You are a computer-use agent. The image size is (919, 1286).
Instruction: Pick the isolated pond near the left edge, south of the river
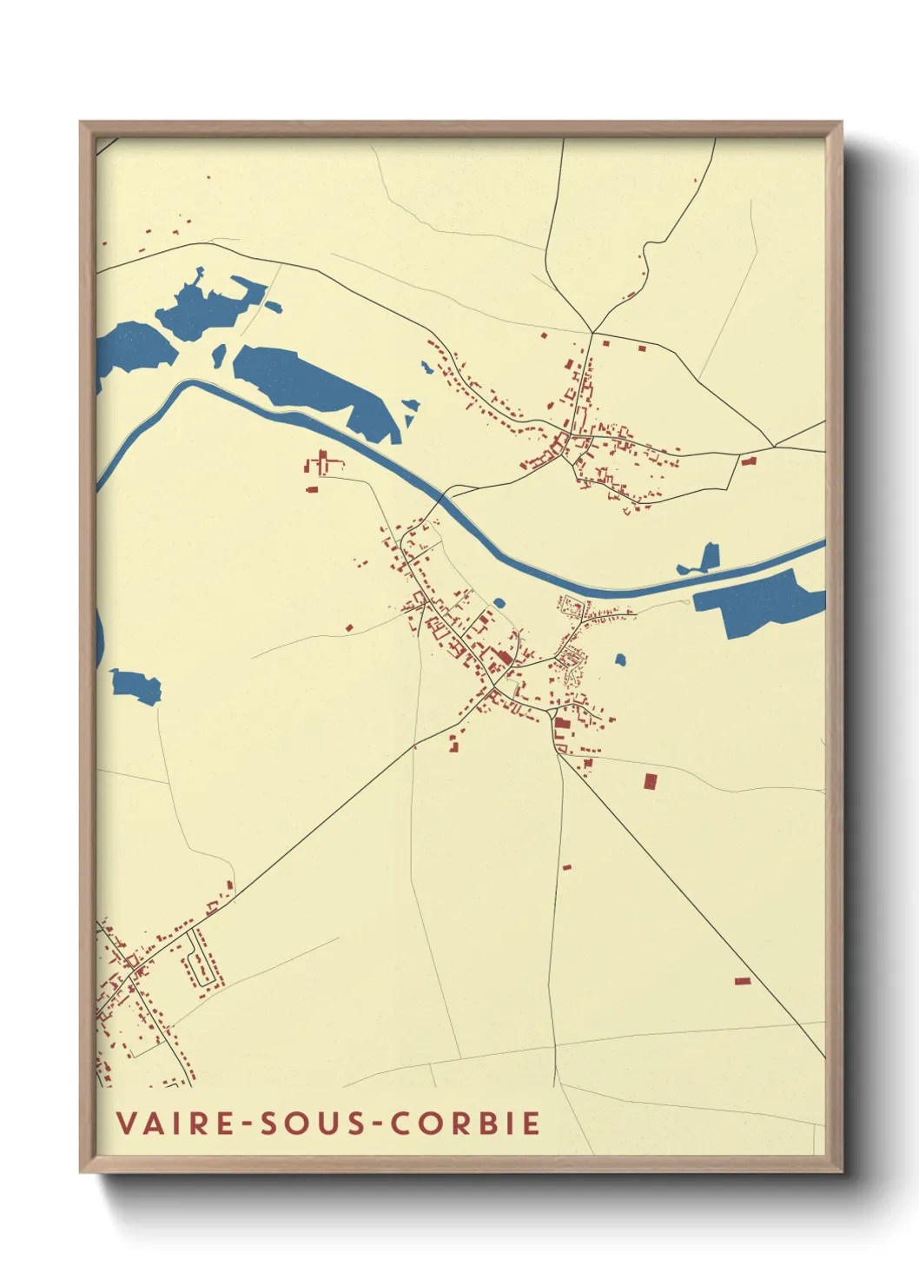(x=136, y=685)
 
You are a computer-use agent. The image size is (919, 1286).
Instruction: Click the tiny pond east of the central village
(x=620, y=660)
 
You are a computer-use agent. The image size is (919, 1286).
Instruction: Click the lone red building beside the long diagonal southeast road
(x=742, y=981)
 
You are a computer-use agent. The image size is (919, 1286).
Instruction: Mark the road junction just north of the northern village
(x=592, y=332)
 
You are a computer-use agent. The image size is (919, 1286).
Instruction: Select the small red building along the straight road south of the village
(x=567, y=866)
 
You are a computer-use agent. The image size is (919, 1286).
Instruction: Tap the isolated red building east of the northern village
(x=749, y=461)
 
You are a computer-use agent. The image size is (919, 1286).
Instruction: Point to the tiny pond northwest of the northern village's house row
(x=426, y=368)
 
